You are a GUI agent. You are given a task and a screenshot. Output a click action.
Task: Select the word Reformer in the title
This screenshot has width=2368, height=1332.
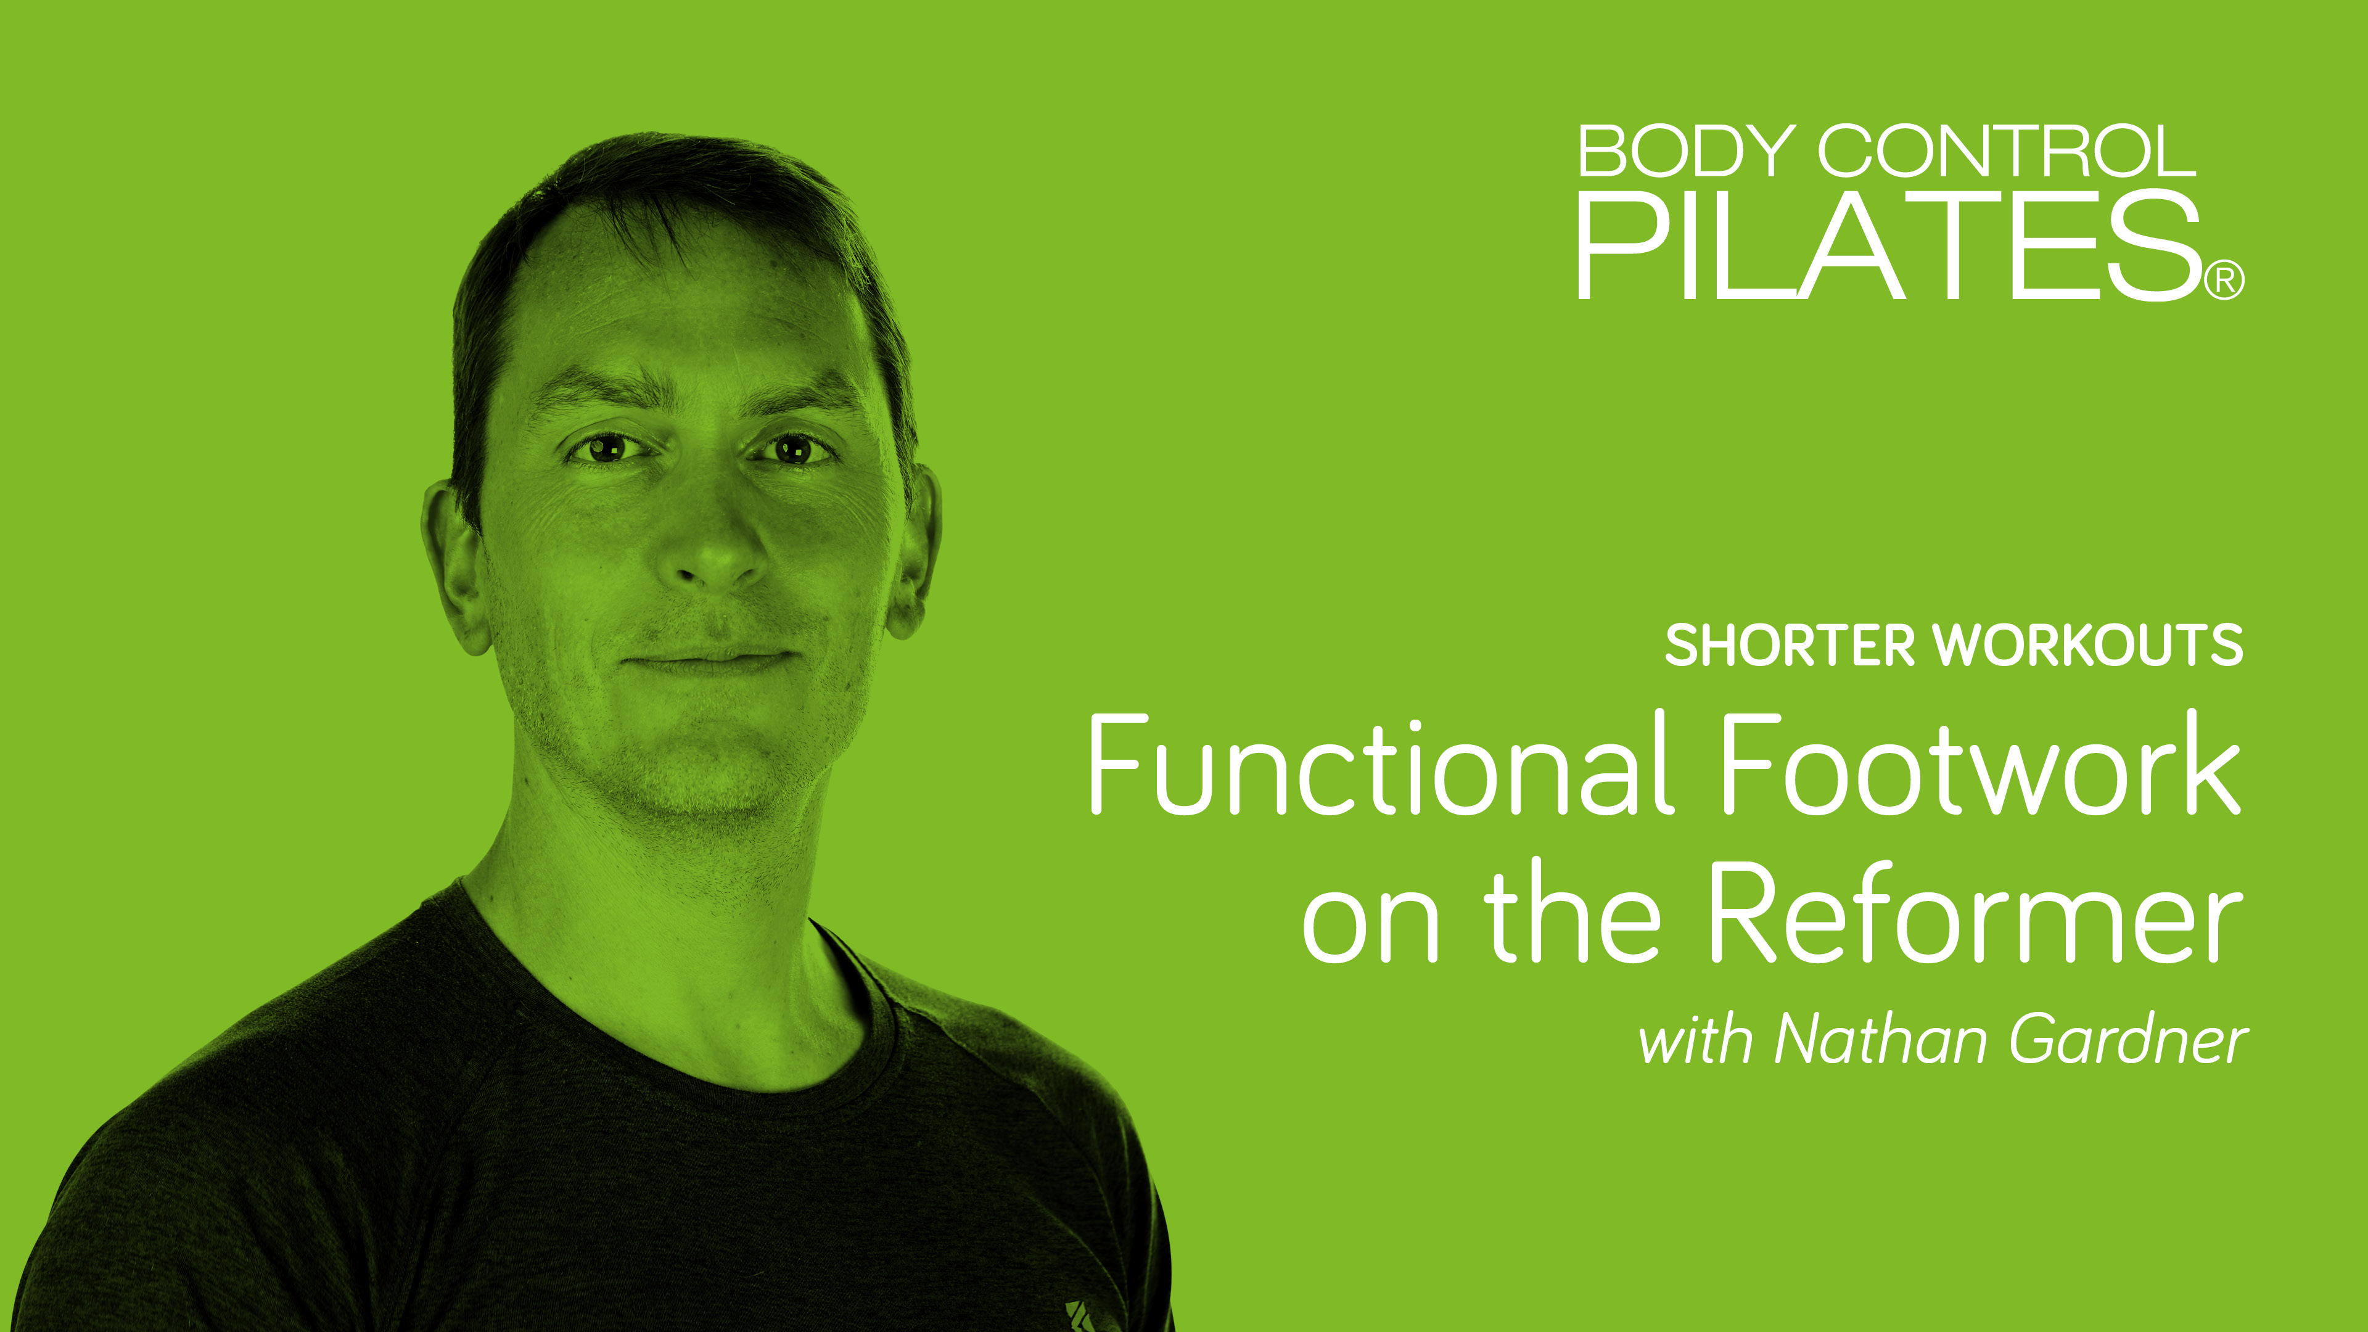[x=1973, y=915]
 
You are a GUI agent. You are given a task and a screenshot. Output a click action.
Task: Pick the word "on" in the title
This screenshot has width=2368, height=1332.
[x=1370, y=927]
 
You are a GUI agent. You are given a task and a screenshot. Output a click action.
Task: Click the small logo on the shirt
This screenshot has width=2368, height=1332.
[x=1085, y=1315]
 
